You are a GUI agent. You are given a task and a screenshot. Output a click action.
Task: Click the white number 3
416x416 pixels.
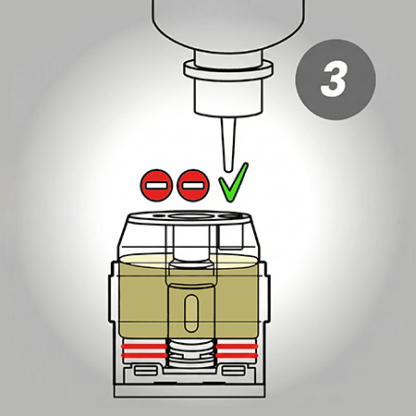pos(334,80)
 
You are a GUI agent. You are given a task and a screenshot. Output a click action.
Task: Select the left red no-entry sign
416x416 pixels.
pos(156,185)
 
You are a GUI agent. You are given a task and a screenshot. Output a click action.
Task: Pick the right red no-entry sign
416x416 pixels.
pos(193,185)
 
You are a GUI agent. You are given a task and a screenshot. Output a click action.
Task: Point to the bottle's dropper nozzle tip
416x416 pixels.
pos(228,169)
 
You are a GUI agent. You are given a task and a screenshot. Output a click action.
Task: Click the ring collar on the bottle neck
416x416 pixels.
pos(228,69)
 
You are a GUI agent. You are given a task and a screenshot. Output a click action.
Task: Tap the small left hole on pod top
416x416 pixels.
pos(158,215)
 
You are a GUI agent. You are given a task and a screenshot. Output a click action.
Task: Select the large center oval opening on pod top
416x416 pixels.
pos(190,215)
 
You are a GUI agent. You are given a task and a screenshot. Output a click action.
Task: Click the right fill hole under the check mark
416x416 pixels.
pos(231,216)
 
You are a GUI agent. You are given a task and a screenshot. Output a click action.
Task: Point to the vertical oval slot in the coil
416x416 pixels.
pos(191,313)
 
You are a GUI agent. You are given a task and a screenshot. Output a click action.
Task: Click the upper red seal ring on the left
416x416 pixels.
pos(144,347)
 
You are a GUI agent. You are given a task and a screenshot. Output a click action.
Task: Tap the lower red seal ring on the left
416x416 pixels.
pos(144,356)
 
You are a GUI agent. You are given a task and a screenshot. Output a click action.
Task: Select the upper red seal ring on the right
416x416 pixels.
pos(237,347)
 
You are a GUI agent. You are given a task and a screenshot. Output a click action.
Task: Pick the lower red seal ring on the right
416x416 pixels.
pos(237,356)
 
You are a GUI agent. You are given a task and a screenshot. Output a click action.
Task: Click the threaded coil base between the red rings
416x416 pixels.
pos(191,352)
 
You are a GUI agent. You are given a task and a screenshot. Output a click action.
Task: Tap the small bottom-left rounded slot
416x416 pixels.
pos(146,371)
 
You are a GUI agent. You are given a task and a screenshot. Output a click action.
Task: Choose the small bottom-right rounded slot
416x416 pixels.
pos(234,371)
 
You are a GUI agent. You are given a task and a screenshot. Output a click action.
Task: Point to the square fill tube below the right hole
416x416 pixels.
pos(230,237)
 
